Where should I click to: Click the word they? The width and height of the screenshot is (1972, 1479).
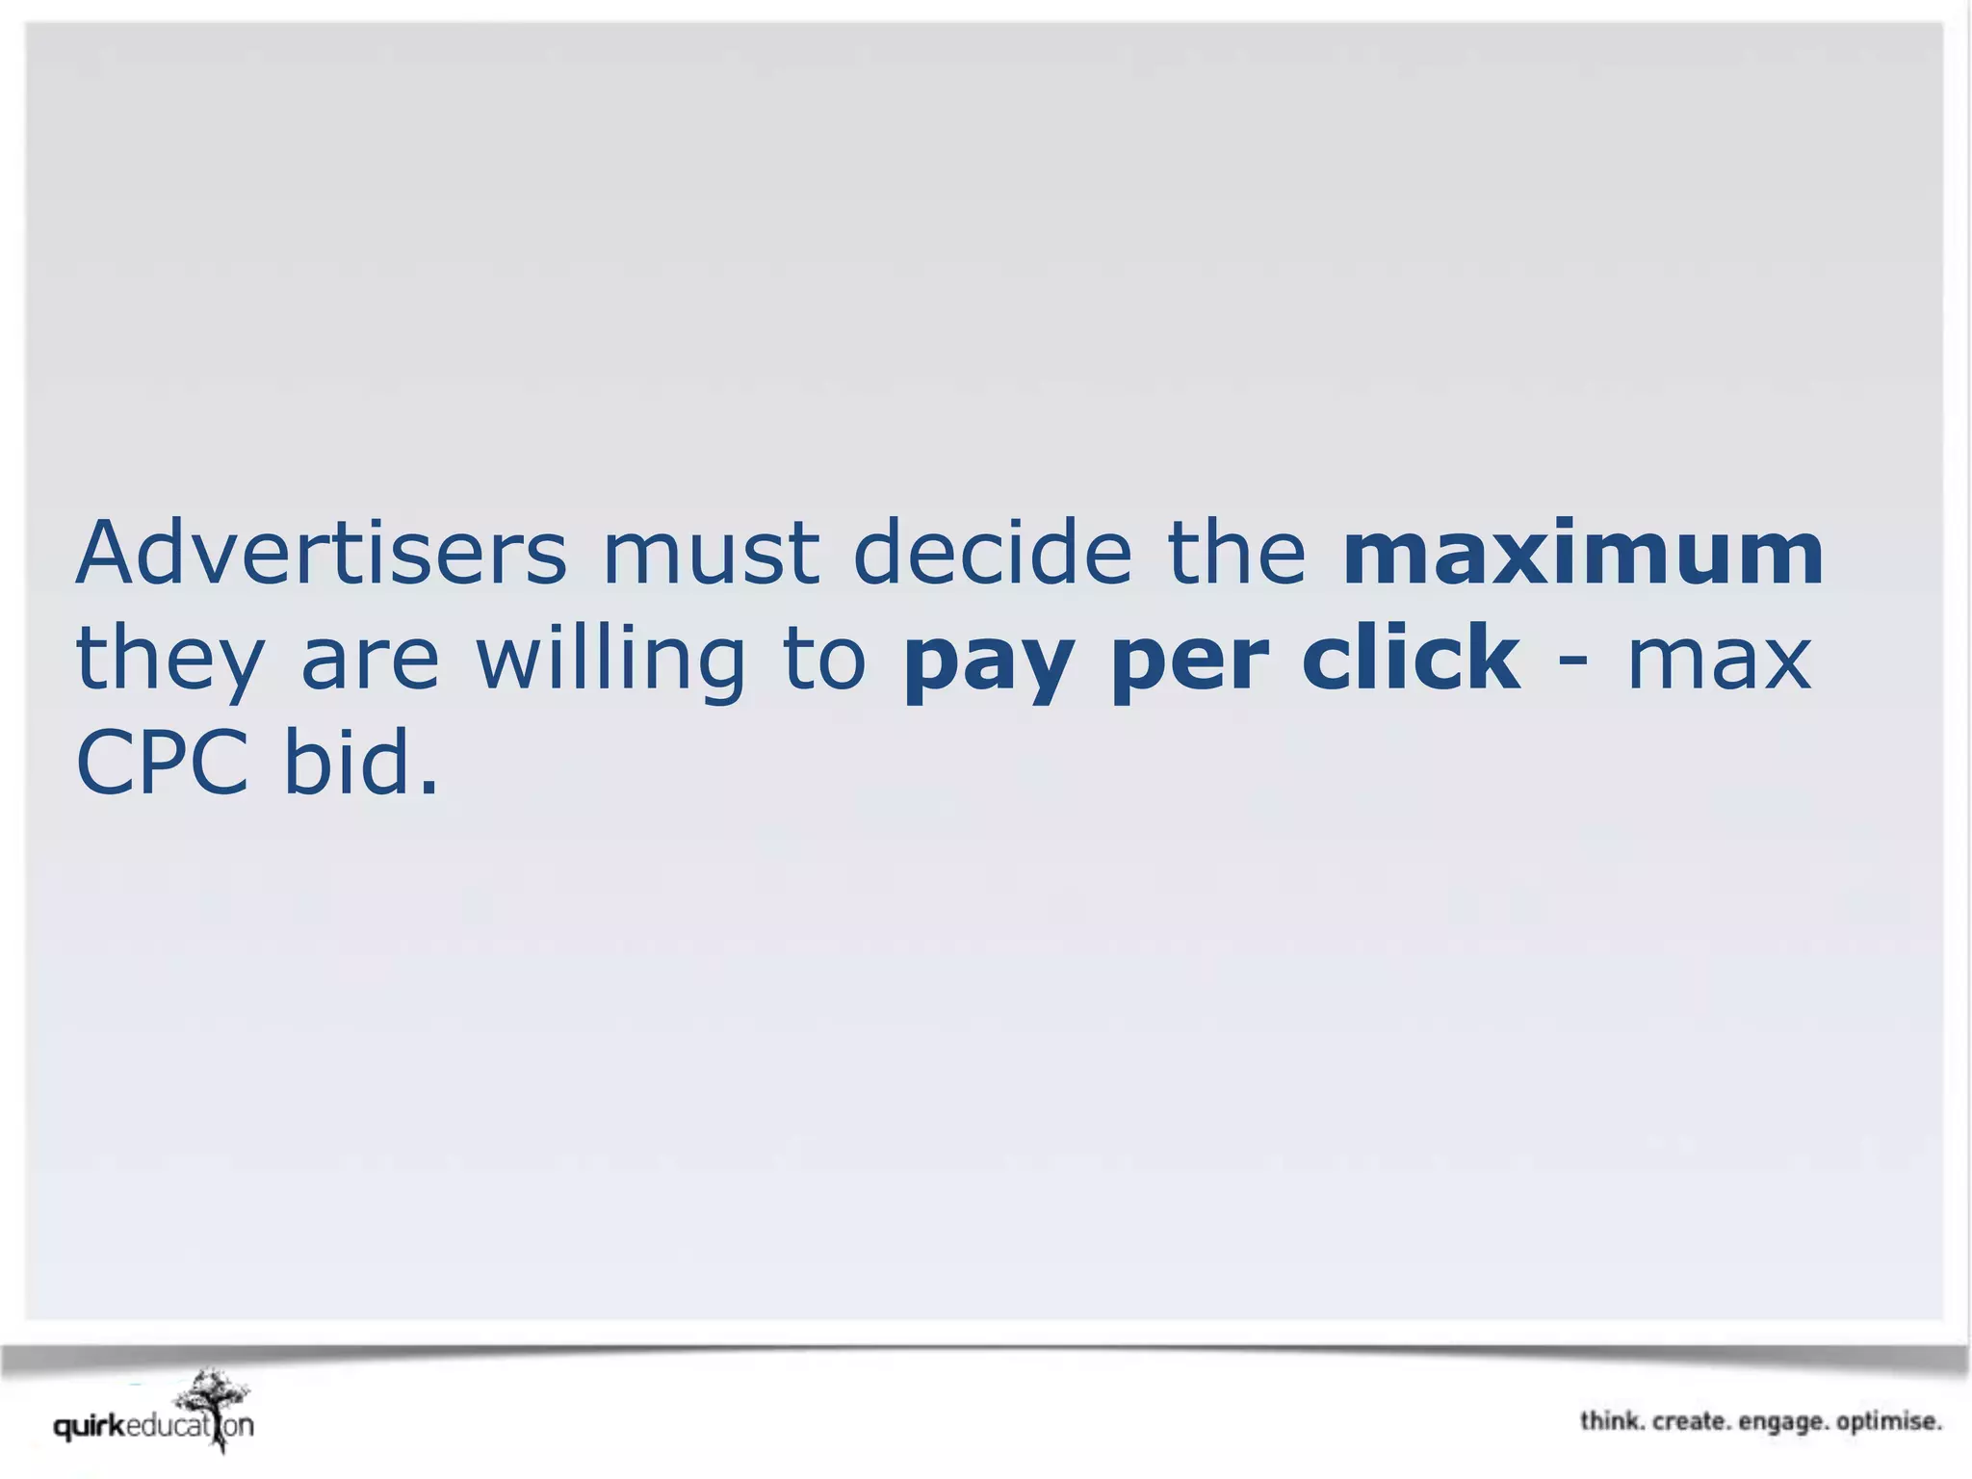click(169, 661)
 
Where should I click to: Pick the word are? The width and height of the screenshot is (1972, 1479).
click(370, 661)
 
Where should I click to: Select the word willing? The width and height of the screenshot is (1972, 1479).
click(610, 661)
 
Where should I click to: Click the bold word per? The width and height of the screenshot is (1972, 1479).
click(1184, 661)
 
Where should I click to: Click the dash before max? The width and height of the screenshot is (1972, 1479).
click(1573, 661)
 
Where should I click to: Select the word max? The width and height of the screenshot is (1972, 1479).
click(1720, 661)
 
